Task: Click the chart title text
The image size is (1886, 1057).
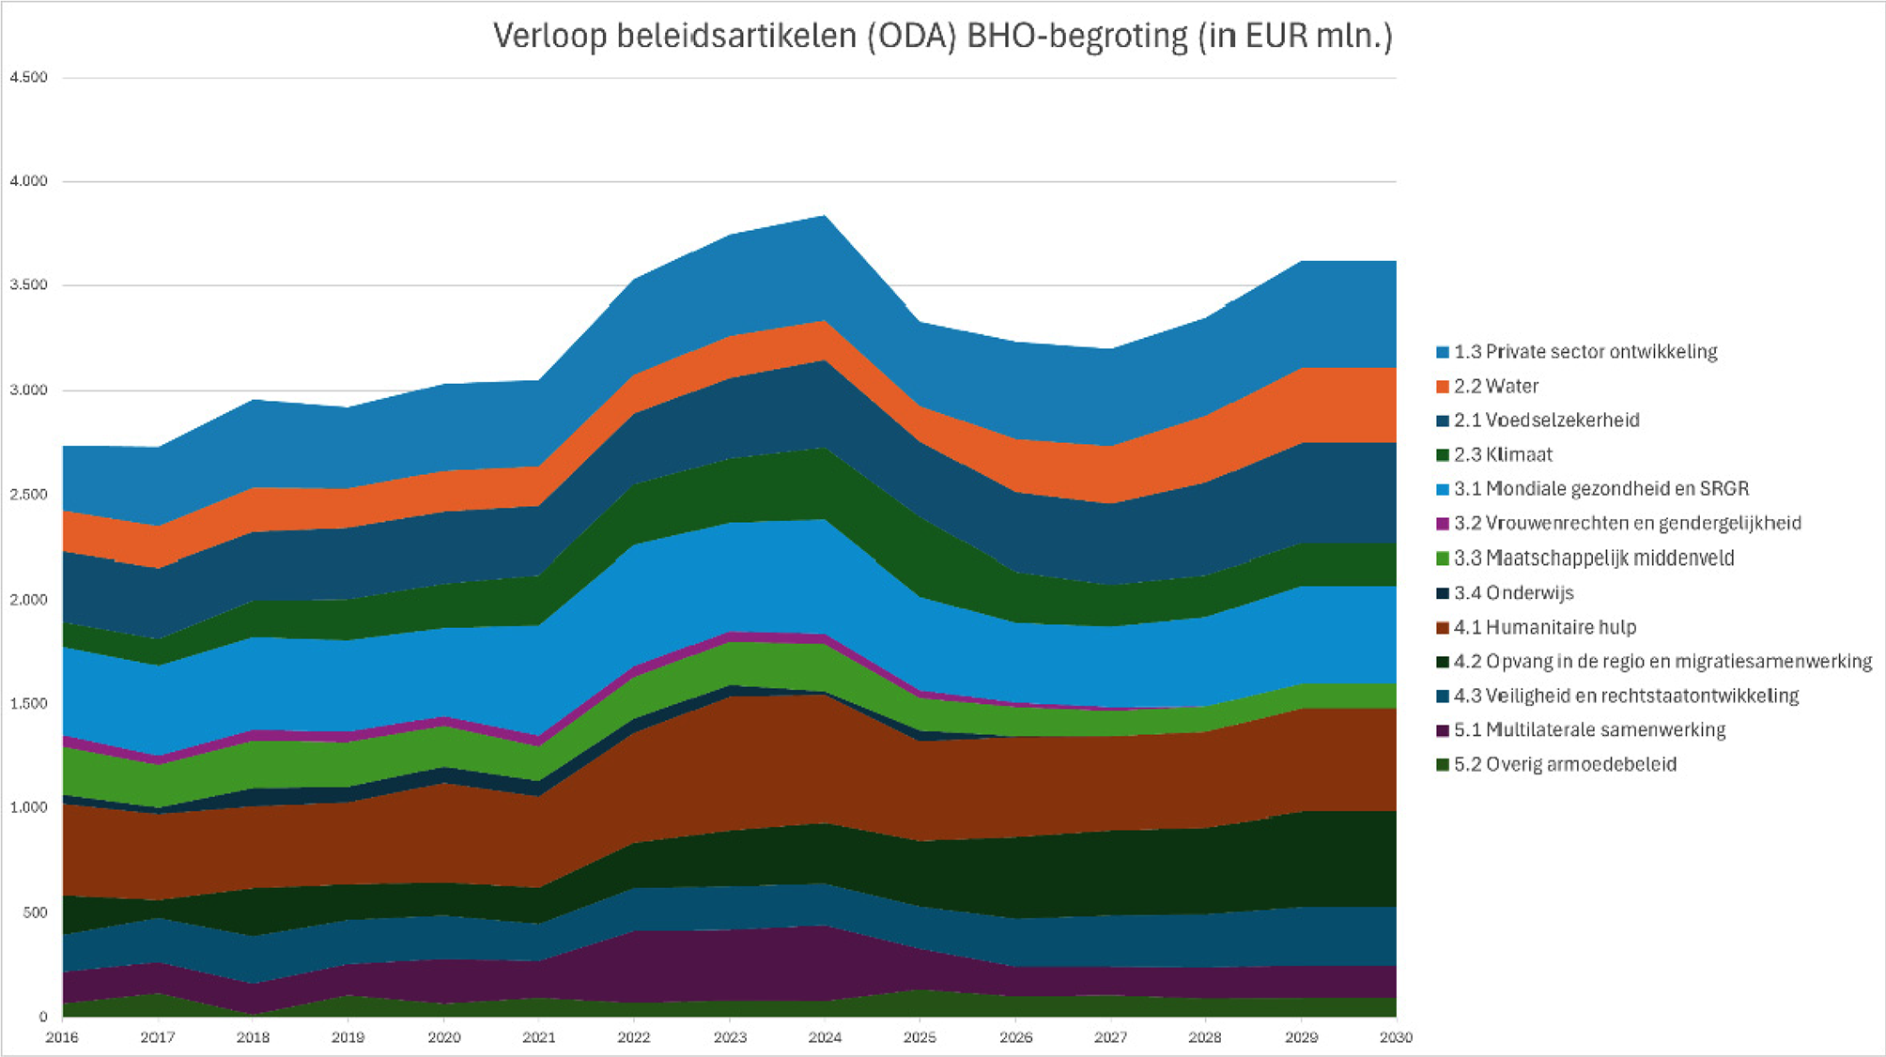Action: [942, 37]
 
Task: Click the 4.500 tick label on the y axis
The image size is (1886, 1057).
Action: [29, 78]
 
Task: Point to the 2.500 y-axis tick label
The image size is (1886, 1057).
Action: [29, 495]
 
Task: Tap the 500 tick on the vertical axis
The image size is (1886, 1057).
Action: [35, 912]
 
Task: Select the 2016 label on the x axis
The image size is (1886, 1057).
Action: [62, 1037]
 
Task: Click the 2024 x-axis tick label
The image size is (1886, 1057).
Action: [825, 1037]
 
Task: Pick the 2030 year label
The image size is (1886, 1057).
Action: [1397, 1037]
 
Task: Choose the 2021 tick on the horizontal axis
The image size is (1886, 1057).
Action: [539, 1037]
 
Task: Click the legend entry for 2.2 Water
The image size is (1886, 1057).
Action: [1496, 386]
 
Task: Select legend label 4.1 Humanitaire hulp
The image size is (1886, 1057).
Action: [1545, 627]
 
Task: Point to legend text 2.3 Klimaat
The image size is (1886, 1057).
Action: [1503, 454]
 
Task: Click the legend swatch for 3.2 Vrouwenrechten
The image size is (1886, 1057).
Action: [1443, 524]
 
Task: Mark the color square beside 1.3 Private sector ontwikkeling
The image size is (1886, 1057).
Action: [1443, 352]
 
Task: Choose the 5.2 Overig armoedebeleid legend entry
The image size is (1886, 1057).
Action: [1565, 764]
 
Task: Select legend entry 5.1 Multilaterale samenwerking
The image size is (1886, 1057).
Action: [1589, 729]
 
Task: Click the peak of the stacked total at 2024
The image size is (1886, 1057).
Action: [825, 216]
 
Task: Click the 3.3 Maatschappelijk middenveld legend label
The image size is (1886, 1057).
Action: [1594, 558]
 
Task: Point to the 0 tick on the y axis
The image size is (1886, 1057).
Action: [42, 1017]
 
